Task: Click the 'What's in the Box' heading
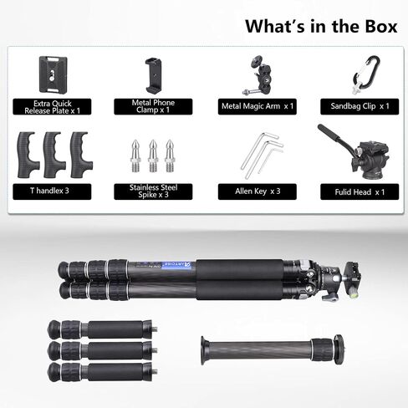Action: tap(321, 26)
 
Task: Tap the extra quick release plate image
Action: tap(53, 74)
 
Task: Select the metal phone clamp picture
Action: tap(153, 76)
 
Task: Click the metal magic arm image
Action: tap(258, 75)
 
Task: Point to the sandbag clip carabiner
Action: tap(367, 74)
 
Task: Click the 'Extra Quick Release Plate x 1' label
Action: tap(52, 107)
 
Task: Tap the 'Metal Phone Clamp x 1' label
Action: tap(153, 106)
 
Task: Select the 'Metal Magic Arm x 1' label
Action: tap(258, 106)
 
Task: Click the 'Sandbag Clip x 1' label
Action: tap(360, 106)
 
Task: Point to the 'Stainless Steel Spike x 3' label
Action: tap(153, 191)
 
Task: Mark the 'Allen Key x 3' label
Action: tap(258, 191)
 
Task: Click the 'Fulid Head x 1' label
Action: tap(360, 191)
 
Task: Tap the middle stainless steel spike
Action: tap(153, 156)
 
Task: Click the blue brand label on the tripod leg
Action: tap(176, 265)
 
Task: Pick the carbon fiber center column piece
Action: tap(273, 350)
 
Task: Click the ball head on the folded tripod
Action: tap(333, 279)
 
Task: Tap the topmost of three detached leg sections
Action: tap(103, 329)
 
